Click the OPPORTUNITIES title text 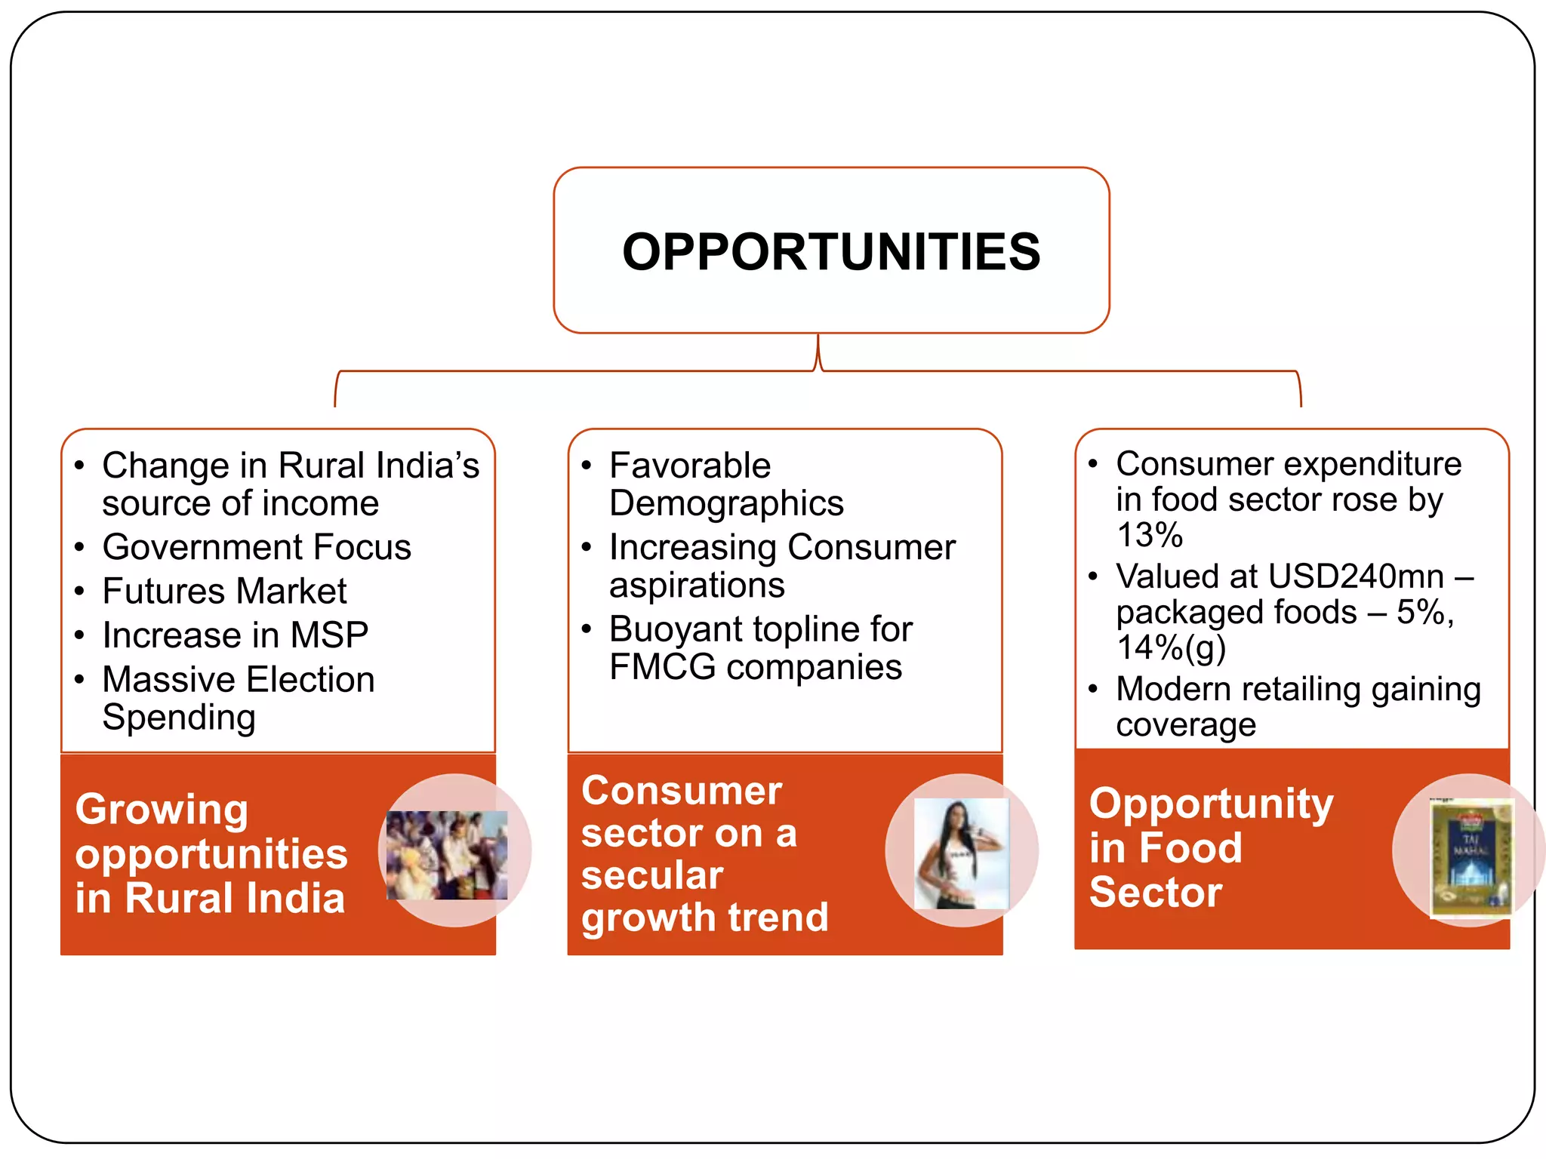[x=831, y=252]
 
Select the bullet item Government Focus [x=257, y=547]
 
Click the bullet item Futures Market [x=224, y=591]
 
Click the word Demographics [x=726, y=503]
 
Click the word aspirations [x=697, y=586]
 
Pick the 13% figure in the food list [x=1149, y=535]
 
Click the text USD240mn [x=1356, y=576]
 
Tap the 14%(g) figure [x=1171, y=647]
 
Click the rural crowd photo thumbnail [x=447, y=855]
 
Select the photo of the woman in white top [x=961, y=853]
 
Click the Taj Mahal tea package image [x=1471, y=858]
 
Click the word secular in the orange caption [x=652, y=875]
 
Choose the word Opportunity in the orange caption [x=1211, y=804]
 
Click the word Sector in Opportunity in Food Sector [x=1155, y=893]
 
